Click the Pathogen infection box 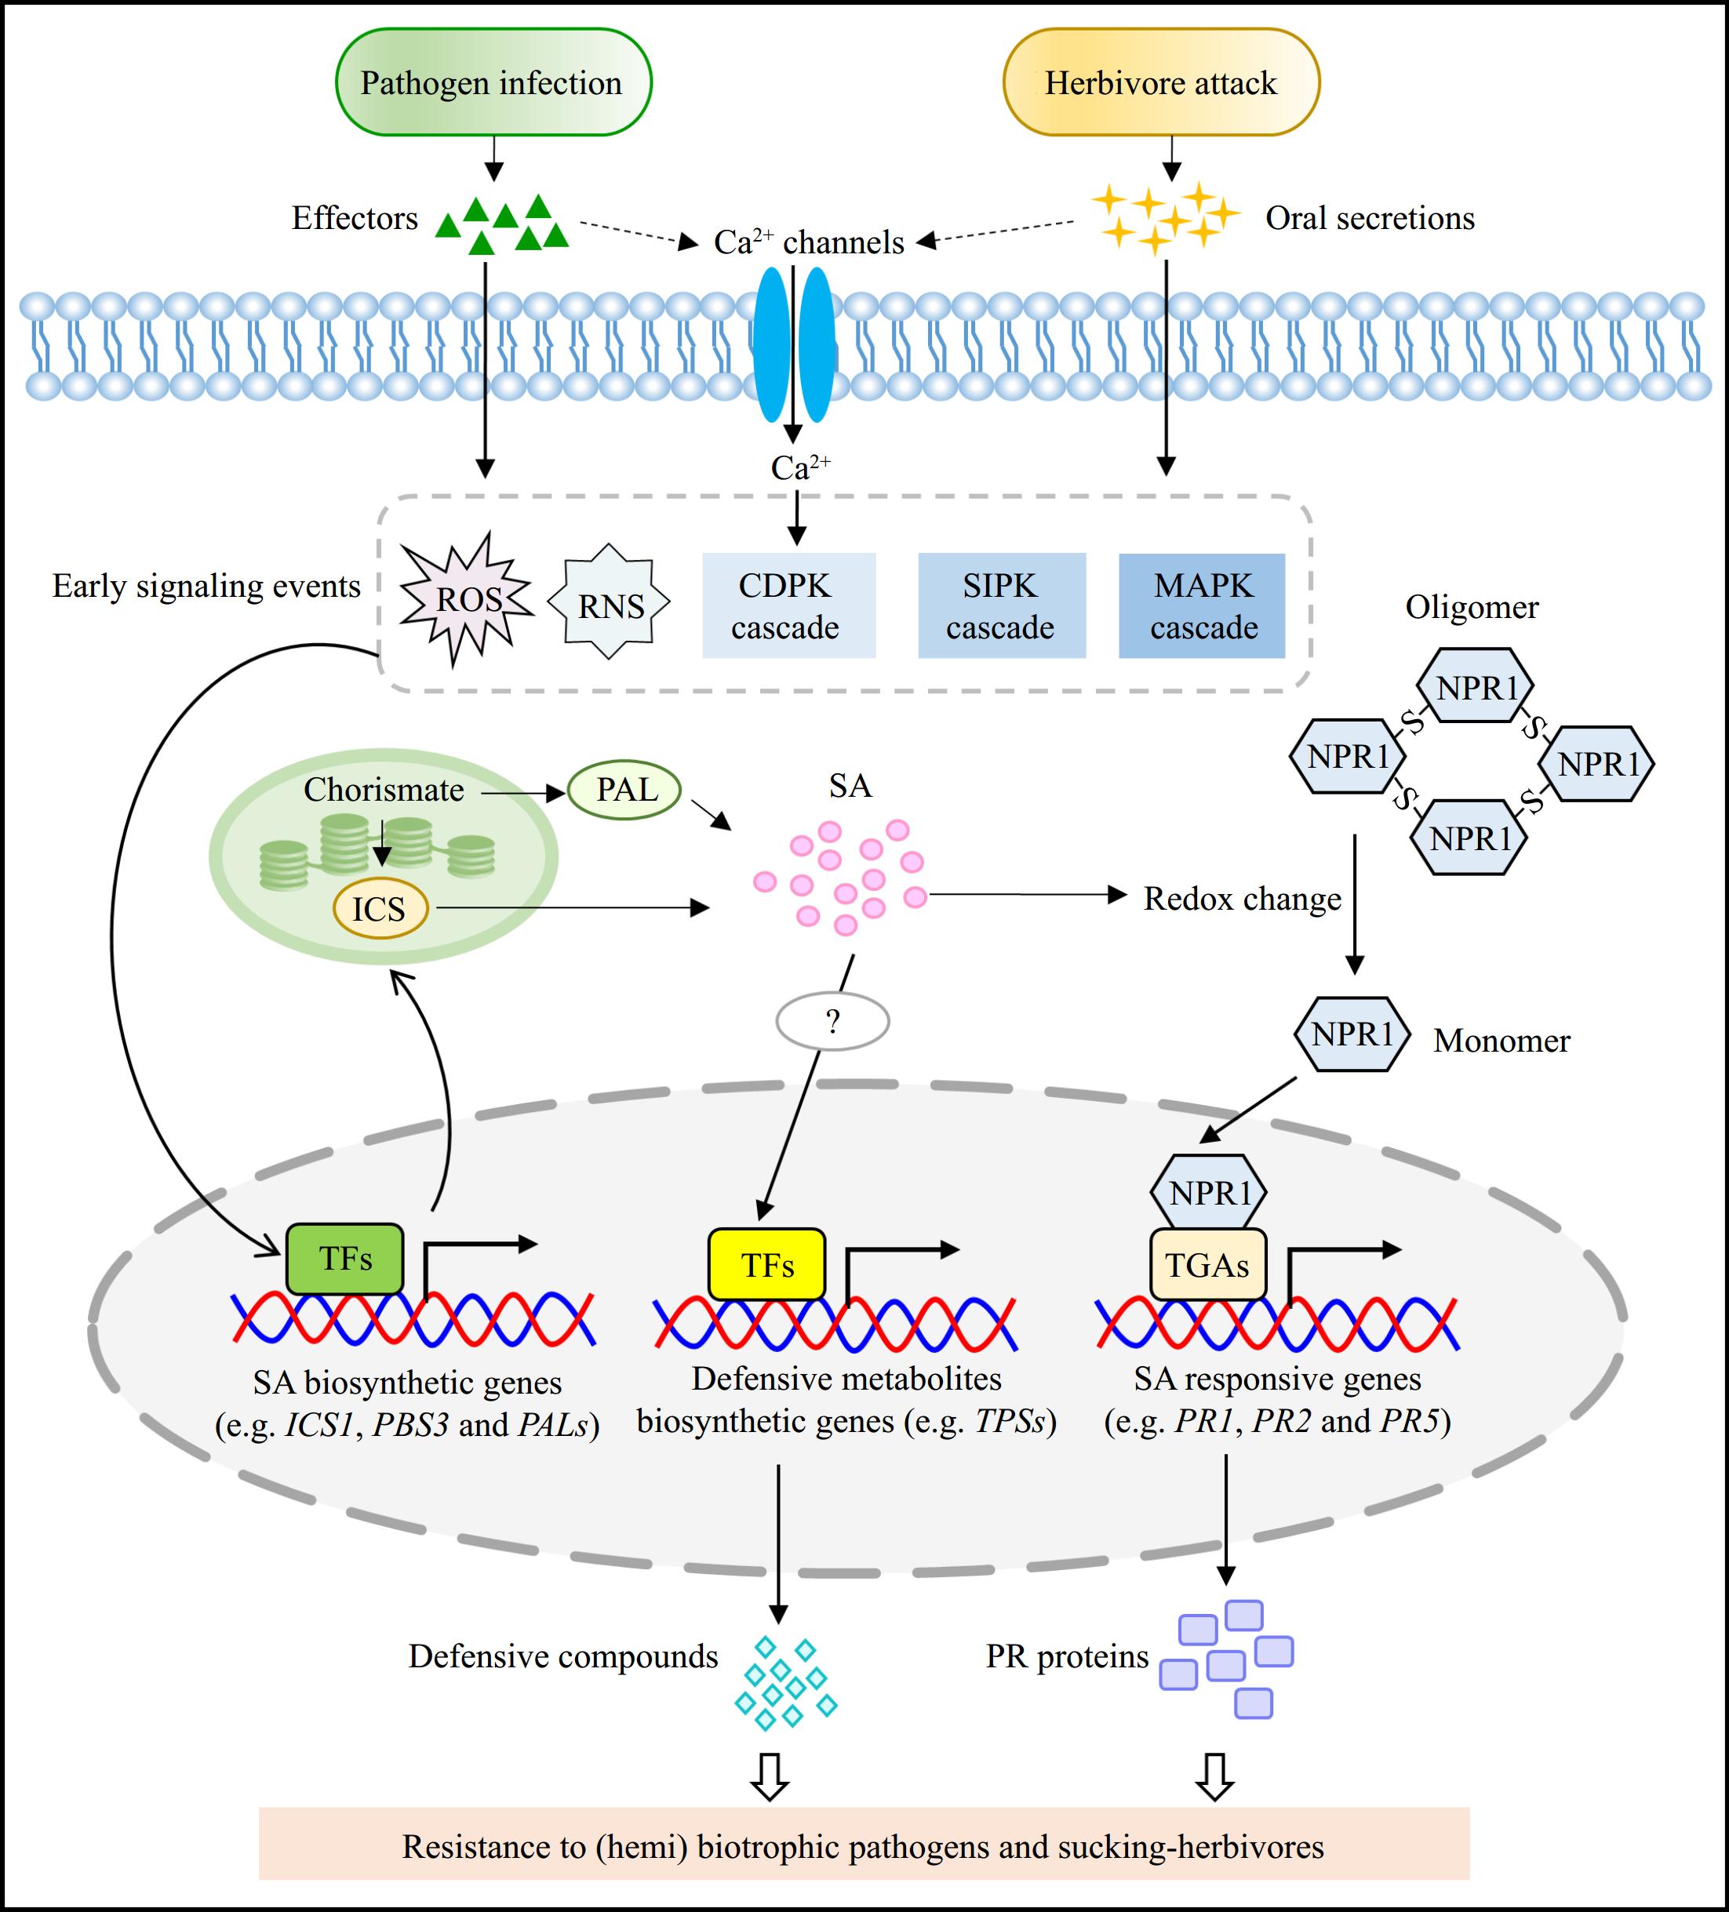(x=493, y=82)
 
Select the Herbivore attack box (x=1161, y=82)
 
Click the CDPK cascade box (x=787, y=606)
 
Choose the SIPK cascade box (x=1000, y=606)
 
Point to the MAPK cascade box (x=1202, y=606)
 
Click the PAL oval (x=625, y=790)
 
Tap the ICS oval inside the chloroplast (x=380, y=910)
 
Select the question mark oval (x=832, y=1021)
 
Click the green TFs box (x=344, y=1260)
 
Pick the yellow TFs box (x=766, y=1265)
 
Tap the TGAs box (x=1207, y=1265)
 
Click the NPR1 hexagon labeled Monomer (x=1352, y=1034)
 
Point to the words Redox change (x=1242, y=898)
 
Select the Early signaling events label (x=206, y=586)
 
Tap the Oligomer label (x=1471, y=607)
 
